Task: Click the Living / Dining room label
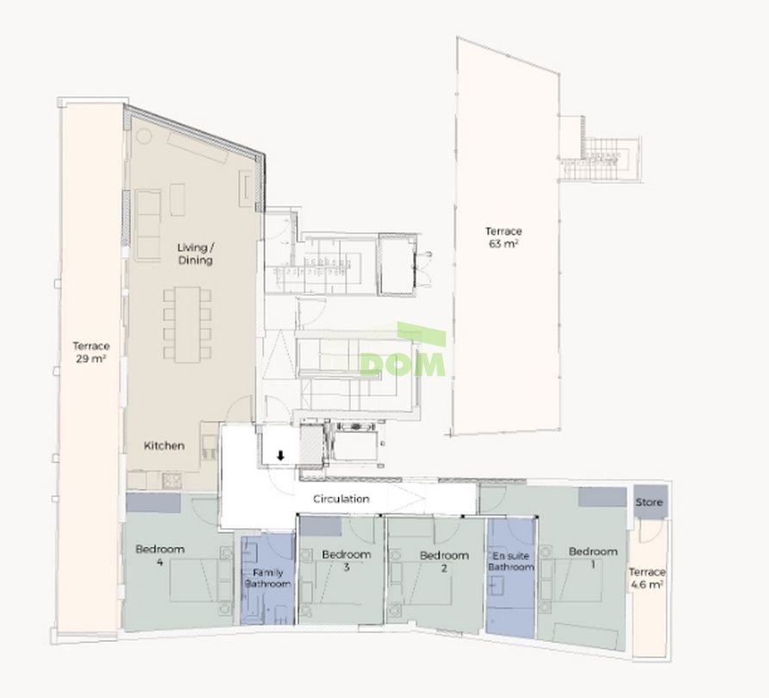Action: (195, 254)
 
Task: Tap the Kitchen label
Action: (164, 446)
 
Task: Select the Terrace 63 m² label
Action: (503, 237)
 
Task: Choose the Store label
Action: (648, 501)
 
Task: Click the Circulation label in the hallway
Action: (341, 499)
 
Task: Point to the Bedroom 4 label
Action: (160, 556)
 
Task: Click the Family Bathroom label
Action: (268, 579)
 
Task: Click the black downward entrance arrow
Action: (280, 456)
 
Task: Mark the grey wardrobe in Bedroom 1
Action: (602, 497)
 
